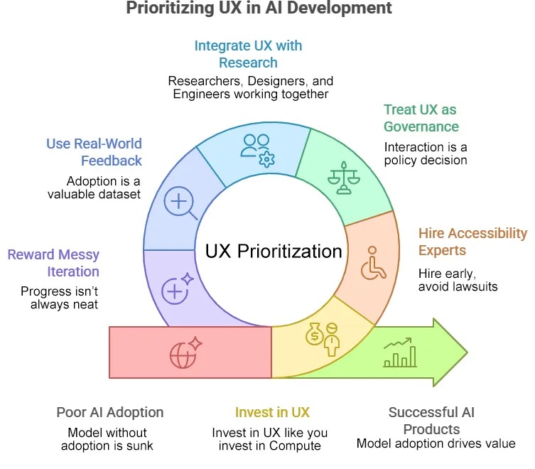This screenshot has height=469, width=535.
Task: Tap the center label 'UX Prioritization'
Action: (x=274, y=251)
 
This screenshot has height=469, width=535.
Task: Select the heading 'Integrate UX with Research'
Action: (x=248, y=54)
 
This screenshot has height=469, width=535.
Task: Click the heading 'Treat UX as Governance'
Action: (x=421, y=118)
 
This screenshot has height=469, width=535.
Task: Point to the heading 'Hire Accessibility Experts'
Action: (x=472, y=242)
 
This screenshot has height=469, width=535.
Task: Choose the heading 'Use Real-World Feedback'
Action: (x=94, y=152)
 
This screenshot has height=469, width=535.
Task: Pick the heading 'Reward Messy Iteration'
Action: (x=53, y=263)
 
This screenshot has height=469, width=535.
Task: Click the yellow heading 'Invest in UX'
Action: (x=272, y=412)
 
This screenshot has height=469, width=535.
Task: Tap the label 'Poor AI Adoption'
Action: (x=109, y=412)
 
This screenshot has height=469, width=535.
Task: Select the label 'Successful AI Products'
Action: (x=431, y=421)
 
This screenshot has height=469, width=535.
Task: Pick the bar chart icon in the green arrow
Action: (x=400, y=352)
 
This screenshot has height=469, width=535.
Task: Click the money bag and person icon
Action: (x=323, y=340)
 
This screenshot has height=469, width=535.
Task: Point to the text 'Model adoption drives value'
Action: (x=436, y=444)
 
